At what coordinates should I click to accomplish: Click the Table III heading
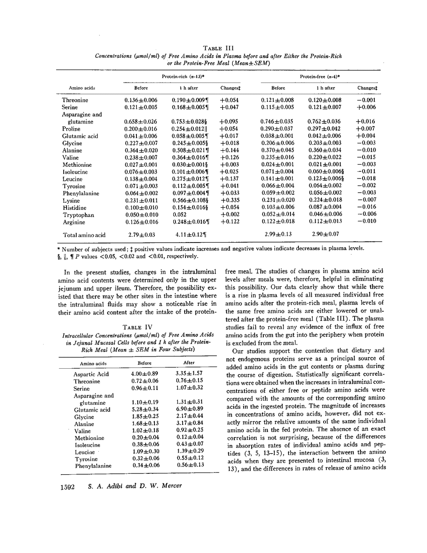[x=220, y=48]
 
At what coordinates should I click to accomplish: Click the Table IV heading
[x=137, y=327]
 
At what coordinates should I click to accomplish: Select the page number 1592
[x=67, y=487]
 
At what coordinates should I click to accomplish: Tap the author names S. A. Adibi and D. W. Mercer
[x=135, y=486]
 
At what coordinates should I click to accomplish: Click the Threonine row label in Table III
[x=75, y=100]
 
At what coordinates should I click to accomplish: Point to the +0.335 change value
[x=229, y=201]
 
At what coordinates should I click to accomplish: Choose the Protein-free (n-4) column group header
[x=320, y=77]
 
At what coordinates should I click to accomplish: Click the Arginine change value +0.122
[x=229, y=222]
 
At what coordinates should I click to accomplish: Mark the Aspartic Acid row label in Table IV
[x=91, y=374]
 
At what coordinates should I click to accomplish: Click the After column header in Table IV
[x=189, y=363]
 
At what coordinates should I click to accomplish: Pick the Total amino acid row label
[x=84, y=235]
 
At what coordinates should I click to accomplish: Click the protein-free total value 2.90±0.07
[x=325, y=234]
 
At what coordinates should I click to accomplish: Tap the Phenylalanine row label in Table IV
[x=93, y=466]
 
